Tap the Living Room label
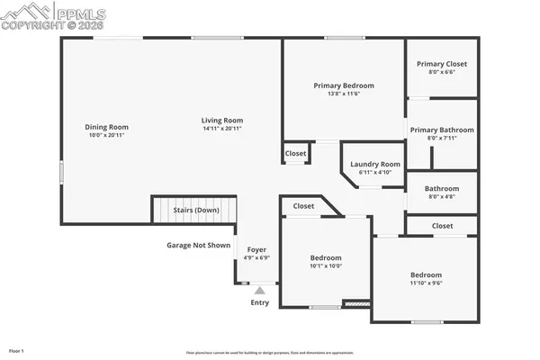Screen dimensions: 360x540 (x=222, y=121)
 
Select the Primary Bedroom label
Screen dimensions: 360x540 (x=344, y=85)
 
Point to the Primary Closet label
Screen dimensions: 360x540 (x=441, y=64)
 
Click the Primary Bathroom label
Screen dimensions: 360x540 (x=442, y=130)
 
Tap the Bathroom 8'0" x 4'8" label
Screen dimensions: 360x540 (x=442, y=188)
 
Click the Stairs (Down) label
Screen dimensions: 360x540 (x=195, y=211)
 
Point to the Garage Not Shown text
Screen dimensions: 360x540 (x=199, y=245)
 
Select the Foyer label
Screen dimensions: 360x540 (x=256, y=251)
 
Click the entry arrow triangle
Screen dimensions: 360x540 (x=260, y=290)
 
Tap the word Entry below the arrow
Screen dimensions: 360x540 (x=259, y=302)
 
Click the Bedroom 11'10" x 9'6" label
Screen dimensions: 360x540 (x=426, y=275)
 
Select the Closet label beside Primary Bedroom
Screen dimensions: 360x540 (x=296, y=154)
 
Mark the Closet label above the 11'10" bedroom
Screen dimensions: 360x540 (x=442, y=226)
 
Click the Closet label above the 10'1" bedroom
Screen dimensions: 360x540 (x=303, y=206)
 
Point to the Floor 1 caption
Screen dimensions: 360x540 (x=16, y=349)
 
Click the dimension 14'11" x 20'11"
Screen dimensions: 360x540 (x=222, y=129)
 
